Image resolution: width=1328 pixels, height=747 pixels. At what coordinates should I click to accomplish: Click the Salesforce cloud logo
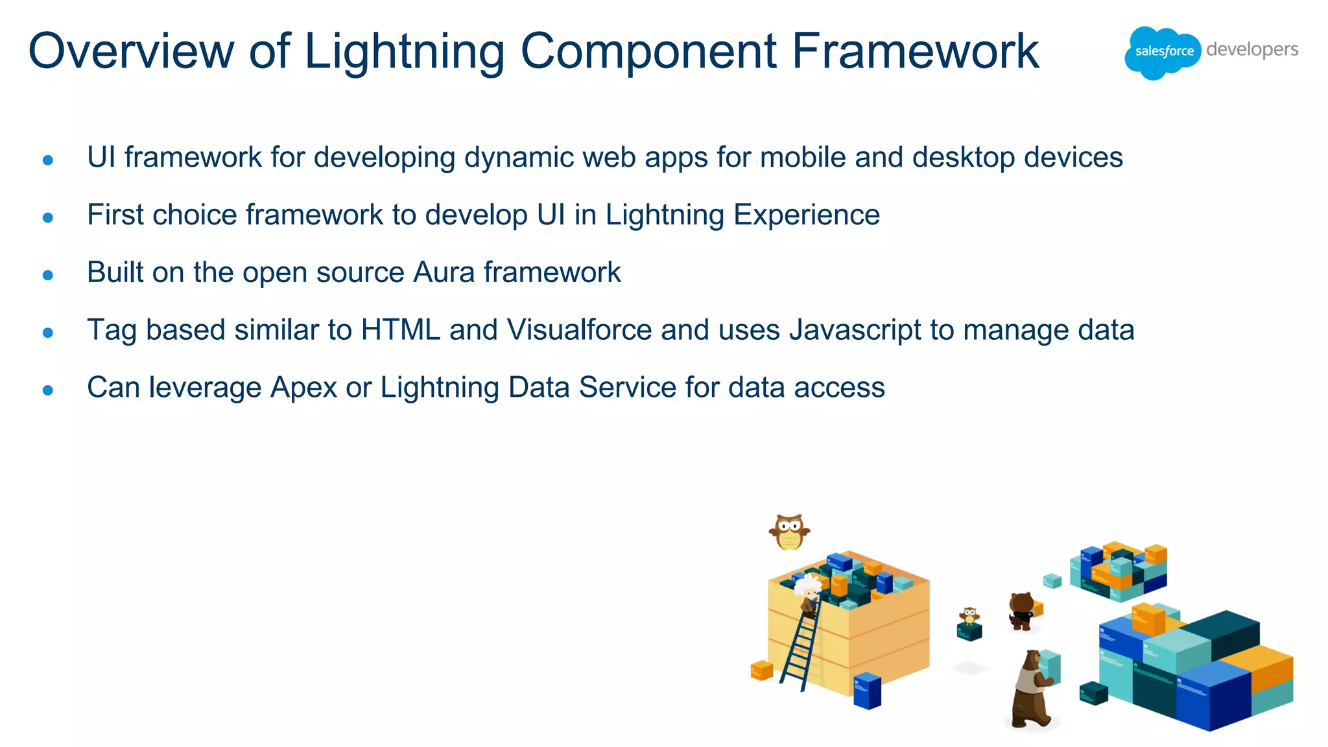pyautogui.click(x=1163, y=52)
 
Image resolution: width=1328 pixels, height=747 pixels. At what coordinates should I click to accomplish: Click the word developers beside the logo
pyautogui.click(x=1252, y=49)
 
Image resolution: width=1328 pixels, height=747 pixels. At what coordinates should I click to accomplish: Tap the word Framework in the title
pyautogui.click(x=915, y=51)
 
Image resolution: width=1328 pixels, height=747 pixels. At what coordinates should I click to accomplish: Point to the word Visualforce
pyautogui.click(x=579, y=330)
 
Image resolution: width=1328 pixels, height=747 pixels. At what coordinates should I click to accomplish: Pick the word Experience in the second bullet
pyautogui.click(x=807, y=215)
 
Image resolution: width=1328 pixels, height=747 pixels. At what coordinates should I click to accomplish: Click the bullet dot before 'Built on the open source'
pyautogui.click(x=47, y=276)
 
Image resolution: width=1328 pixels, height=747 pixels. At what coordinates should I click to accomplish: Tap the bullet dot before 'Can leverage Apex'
pyautogui.click(x=47, y=390)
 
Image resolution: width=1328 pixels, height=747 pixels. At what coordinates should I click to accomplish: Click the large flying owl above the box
pyautogui.click(x=789, y=532)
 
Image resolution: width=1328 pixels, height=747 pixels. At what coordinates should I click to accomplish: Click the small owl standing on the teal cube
pyautogui.click(x=969, y=615)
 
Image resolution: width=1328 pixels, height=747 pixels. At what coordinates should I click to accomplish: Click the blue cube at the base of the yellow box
pyautogui.click(x=867, y=691)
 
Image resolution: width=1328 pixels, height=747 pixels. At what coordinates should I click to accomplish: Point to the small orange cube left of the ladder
pyautogui.click(x=761, y=670)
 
